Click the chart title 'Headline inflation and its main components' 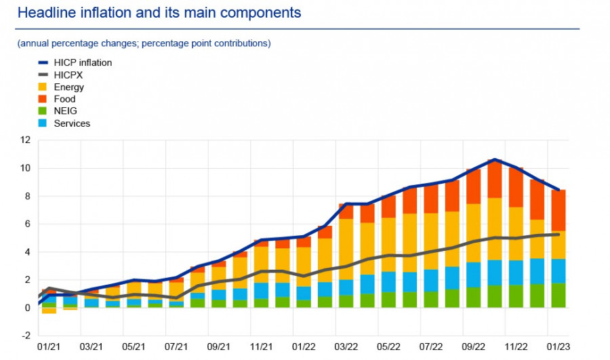(159, 13)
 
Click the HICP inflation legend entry (83, 62)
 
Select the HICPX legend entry (72, 75)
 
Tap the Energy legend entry (68, 87)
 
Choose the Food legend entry (64, 99)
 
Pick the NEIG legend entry (65, 111)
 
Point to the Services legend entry (71, 123)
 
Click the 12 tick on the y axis (26, 140)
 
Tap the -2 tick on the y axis (26, 336)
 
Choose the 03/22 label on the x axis (346, 348)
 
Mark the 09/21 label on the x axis (219, 348)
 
